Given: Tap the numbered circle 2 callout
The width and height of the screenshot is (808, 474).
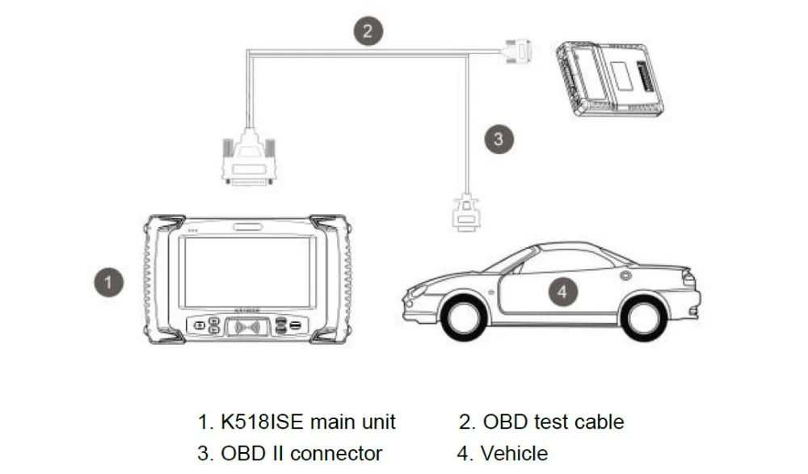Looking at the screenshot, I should point(367,31).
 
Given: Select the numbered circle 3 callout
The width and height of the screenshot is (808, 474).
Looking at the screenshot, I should point(499,138).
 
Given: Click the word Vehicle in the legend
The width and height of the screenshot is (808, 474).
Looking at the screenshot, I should point(514,454).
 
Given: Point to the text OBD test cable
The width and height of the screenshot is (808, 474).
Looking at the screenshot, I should point(553,422).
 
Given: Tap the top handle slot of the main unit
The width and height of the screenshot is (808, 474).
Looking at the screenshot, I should point(249,227).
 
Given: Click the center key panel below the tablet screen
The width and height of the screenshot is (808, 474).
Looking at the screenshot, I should point(249,327).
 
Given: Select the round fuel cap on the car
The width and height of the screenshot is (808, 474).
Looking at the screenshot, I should point(627,276).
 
